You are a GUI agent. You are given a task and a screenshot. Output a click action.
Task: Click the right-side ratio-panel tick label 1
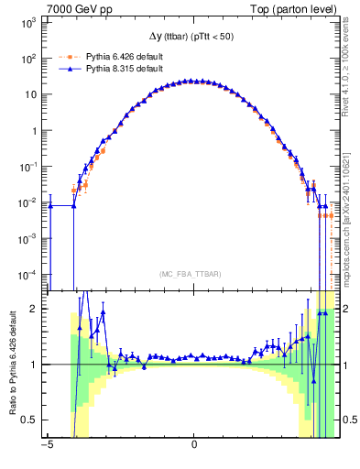(348, 365)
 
